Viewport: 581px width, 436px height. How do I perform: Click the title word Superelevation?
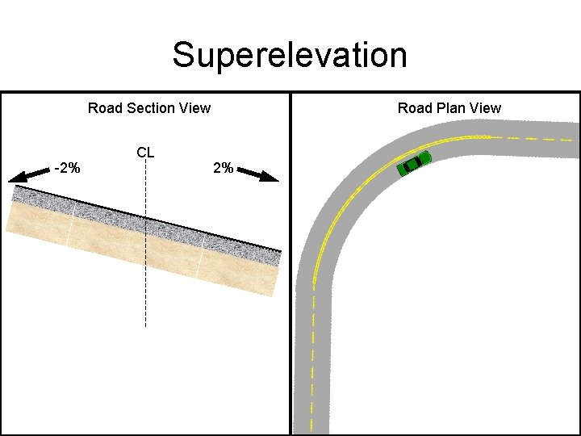(x=290, y=55)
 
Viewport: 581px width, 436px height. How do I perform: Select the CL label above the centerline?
(x=145, y=152)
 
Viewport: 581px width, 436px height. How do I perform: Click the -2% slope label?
(x=66, y=168)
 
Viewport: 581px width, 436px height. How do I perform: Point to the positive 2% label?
(x=223, y=168)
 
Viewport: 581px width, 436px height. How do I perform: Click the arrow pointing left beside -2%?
(x=28, y=174)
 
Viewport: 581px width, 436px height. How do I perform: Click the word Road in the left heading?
(x=102, y=108)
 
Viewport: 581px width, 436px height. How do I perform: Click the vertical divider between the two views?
(x=290, y=266)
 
